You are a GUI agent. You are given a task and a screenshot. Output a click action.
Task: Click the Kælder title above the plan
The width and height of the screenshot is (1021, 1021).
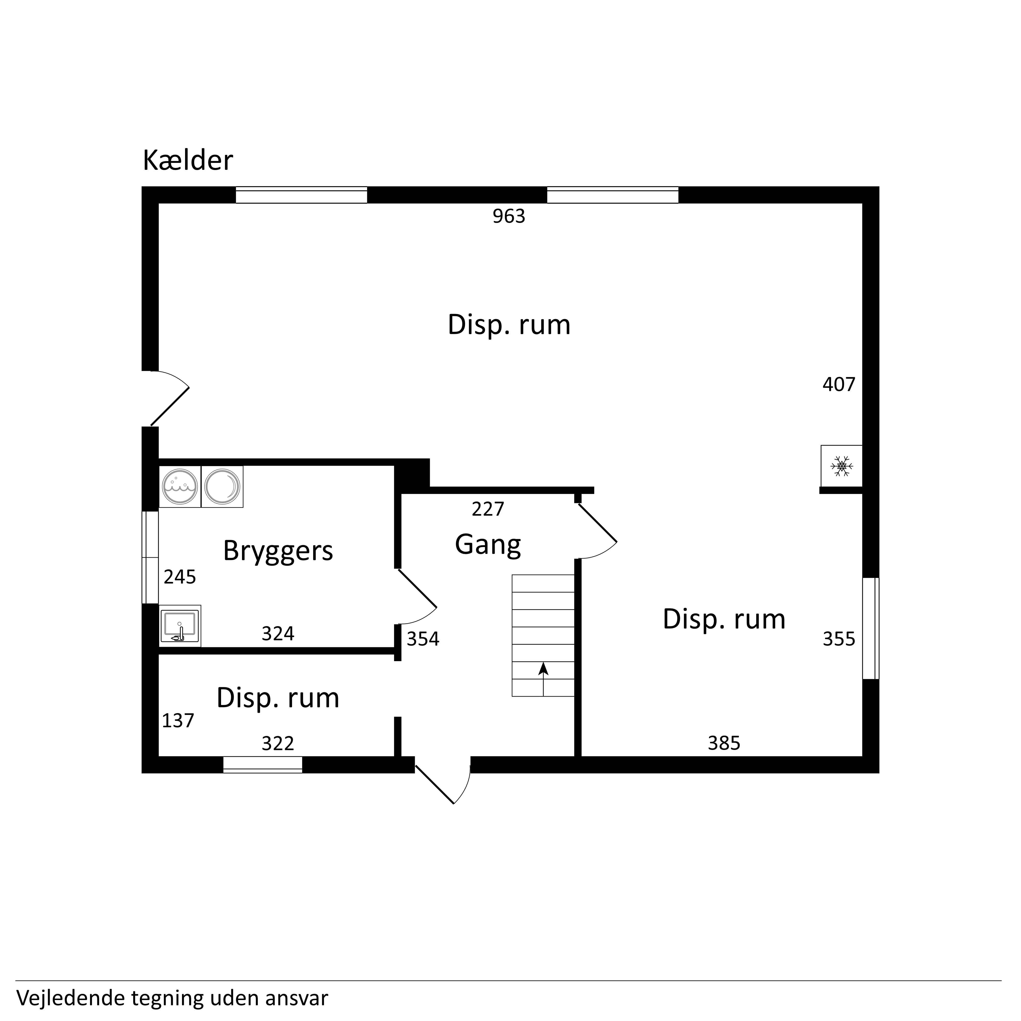tap(188, 161)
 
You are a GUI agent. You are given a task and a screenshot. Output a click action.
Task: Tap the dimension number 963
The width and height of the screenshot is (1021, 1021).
tap(509, 216)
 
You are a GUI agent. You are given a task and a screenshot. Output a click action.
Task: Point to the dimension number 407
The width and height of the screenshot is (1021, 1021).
tap(839, 384)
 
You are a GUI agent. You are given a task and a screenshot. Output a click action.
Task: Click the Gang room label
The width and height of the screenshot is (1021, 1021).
tap(488, 545)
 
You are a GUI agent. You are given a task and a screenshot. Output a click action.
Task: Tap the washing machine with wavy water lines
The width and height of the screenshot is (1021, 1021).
tap(180, 487)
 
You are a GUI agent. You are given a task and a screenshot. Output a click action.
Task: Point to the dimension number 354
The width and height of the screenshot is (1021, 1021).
tap(423, 639)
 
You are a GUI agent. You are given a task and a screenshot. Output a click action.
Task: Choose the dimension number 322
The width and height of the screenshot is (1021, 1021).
tap(278, 744)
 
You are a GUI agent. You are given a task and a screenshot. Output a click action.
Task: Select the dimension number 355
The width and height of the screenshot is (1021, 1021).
tap(839, 639)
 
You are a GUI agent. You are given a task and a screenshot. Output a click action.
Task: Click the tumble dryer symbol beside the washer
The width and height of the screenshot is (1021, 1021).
tap(222, 487)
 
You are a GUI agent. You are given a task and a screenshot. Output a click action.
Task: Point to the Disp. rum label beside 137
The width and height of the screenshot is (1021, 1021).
tap(278, 698)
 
